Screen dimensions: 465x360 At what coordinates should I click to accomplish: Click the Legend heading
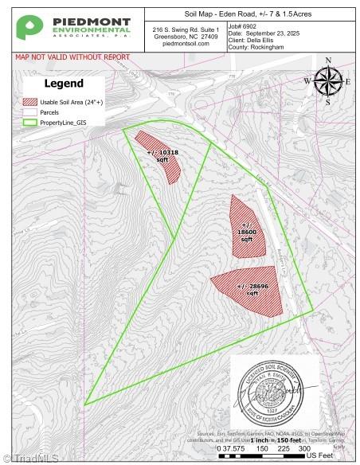[63, 84]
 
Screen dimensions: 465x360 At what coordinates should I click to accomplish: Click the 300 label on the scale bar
[304, 448]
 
